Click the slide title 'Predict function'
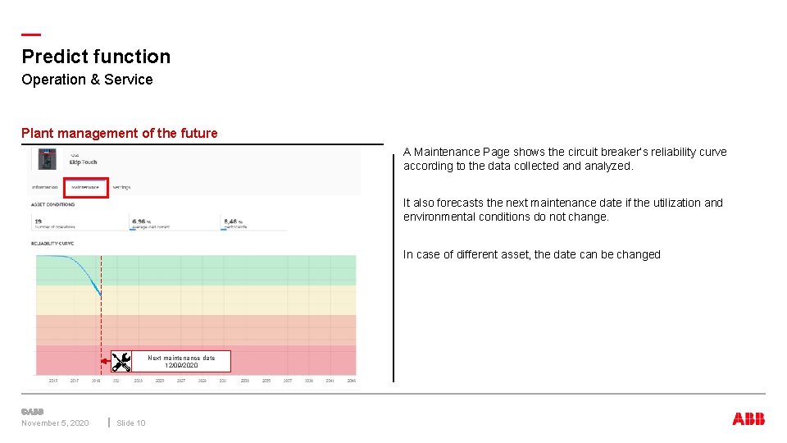(96, 57)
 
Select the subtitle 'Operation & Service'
(87, 80)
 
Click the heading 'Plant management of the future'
(120, 133)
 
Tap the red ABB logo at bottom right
(748, 419)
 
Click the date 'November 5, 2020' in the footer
(55, 423)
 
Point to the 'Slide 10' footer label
(130, 423)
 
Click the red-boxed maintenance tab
(85, 187)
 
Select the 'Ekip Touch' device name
(83, 162)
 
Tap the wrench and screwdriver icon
(121, 361)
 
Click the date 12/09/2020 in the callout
(181, 365)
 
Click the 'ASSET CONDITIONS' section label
(52, 205)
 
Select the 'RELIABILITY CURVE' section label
(52, 243)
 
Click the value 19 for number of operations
(39, 221)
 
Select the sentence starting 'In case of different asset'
(531, 254)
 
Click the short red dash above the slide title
(31, 34)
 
